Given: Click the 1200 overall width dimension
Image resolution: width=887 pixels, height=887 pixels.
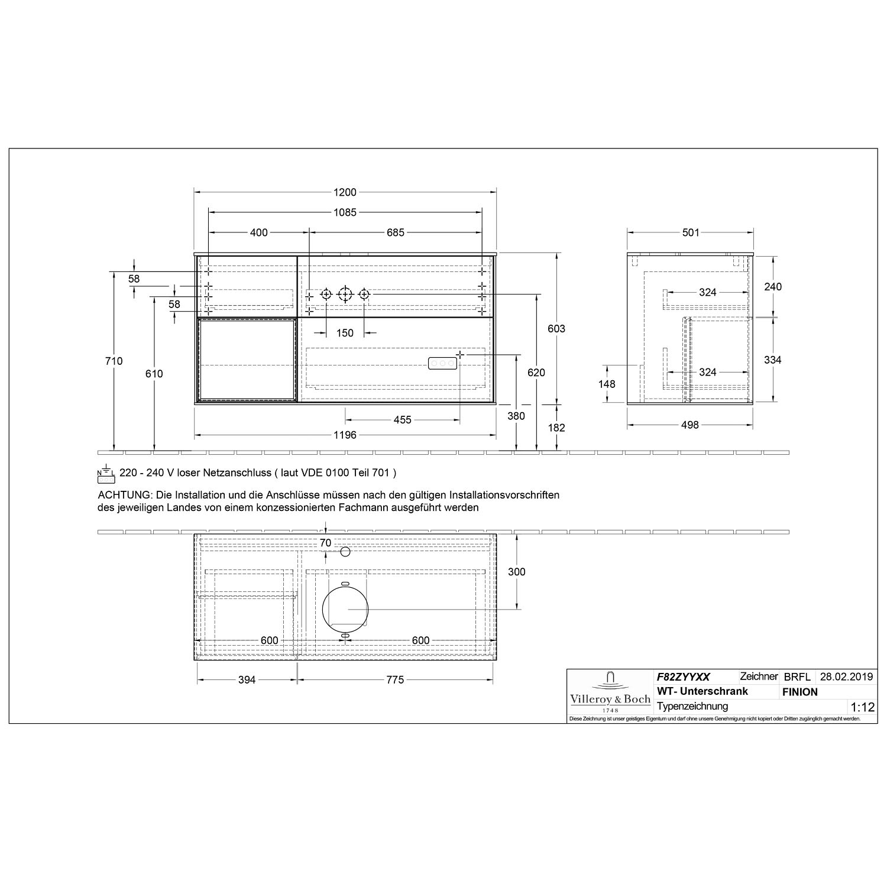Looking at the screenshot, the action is click(x=345, y=192).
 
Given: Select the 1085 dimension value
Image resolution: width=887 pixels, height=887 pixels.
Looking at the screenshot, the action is click(x=345, y=212).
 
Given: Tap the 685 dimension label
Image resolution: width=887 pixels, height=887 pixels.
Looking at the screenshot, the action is click(x=396, y=232).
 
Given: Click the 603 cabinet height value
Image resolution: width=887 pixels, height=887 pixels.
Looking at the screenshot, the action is click(x=556, y=329).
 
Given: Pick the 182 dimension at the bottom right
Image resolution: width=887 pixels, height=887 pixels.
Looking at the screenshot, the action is click(x=556, y=428).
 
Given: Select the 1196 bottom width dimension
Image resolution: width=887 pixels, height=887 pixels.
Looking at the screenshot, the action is click(x=345, y=435).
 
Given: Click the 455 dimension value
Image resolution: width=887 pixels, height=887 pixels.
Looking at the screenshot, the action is click(x=402, y=420).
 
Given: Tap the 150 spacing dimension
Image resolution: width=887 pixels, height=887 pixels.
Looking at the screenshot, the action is click(x=345, y=333).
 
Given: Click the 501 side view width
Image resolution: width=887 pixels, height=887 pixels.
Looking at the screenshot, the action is click(x=691, y=232).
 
